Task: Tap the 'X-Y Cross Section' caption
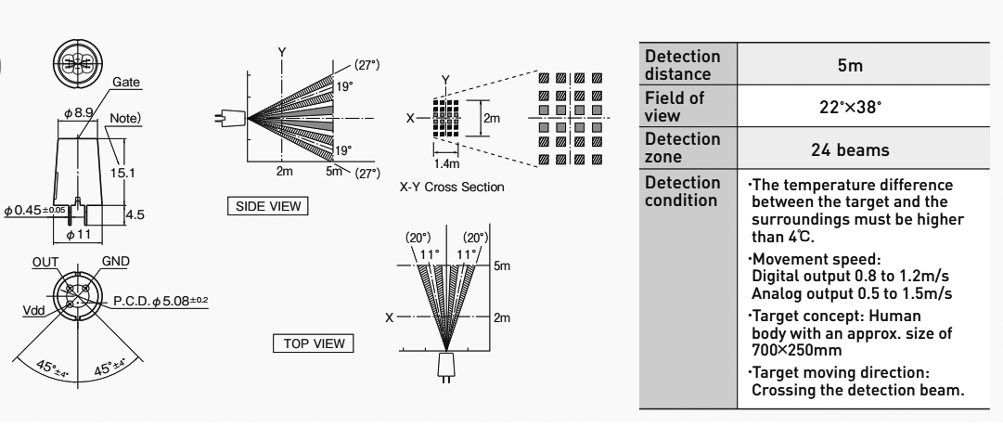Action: (x=452, y=187)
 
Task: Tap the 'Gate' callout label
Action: (x=125, y=84)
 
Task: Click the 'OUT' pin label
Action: (x=44, y=263)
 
